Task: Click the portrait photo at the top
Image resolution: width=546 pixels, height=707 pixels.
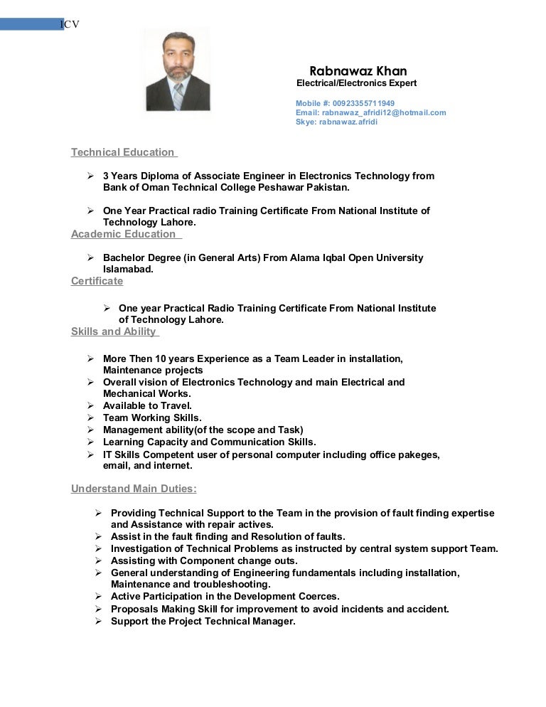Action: pos(177,69)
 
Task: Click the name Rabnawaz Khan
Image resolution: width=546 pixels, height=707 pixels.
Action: pos(358,71)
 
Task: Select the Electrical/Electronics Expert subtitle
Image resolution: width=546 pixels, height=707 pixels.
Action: pos(356,84)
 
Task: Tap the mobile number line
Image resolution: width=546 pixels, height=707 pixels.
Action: pos(345,103)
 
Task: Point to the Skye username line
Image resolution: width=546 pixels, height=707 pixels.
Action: pos(336,122)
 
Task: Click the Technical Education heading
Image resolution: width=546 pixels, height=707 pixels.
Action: pos(123,152)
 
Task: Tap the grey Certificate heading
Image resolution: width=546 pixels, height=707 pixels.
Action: pos(97,281)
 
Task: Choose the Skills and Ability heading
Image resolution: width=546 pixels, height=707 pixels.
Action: pos(114,331)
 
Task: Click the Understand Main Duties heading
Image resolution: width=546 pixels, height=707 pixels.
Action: pos(134,489)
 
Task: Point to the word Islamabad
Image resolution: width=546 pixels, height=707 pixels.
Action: pos(128,270)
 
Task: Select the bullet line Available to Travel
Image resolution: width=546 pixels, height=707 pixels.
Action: pos(147,405)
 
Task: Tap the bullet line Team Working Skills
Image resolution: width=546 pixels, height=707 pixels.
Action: pos(152,418)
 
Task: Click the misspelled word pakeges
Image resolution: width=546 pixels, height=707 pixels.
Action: pos(419,455)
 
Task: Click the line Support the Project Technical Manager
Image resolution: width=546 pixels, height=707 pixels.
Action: pos(203,621)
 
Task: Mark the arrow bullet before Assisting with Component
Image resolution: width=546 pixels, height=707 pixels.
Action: pos(97,560)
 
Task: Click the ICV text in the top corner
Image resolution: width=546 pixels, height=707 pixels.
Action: pos(70,25)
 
